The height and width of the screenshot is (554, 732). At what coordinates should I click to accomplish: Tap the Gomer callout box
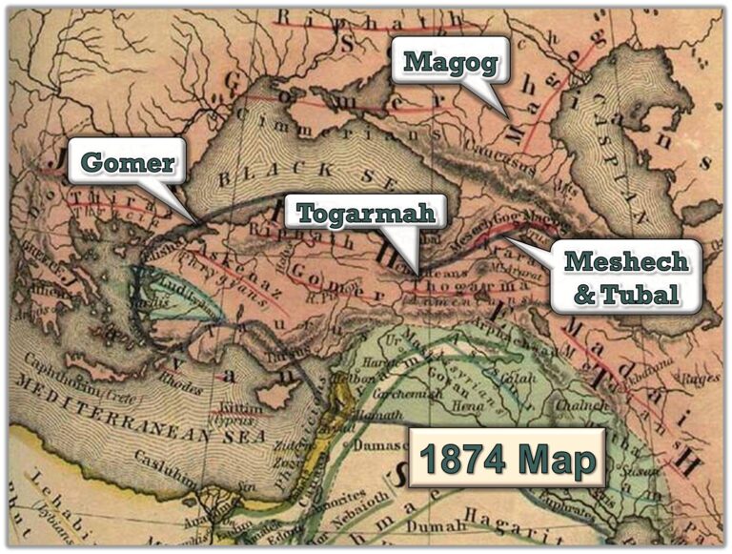[x=127, y=163]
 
